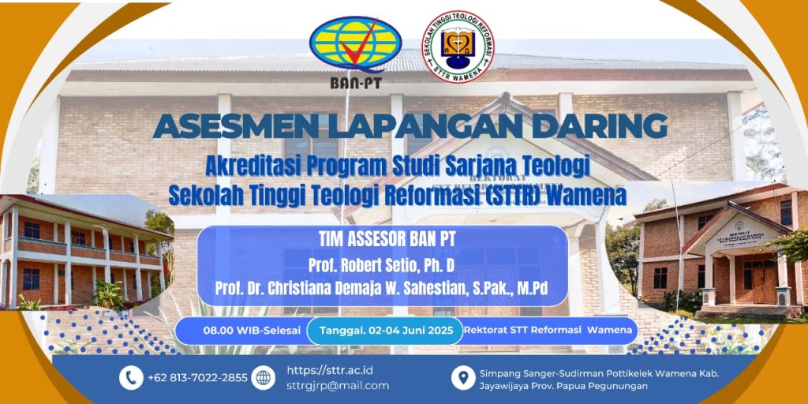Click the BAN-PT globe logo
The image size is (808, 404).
point(356,45)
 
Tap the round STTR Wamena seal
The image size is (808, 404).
point(458,47)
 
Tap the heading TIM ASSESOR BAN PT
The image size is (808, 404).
point(383,240)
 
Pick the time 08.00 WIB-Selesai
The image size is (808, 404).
point(252,331)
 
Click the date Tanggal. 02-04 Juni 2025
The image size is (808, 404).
point(385,331)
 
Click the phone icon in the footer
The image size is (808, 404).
point(131,378)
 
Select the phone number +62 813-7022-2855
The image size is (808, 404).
point(197,378)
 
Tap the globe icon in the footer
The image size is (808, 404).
point(264,378)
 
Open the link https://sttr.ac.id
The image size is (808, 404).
point(330,371)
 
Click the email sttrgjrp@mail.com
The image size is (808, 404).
point(338,385)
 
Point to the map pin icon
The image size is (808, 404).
point(463,378)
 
